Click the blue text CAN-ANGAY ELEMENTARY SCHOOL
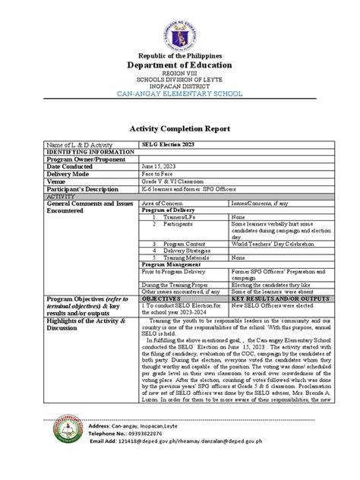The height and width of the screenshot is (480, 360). point(179,93)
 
